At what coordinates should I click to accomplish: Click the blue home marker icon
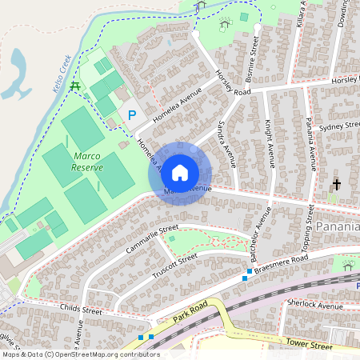point(180,172)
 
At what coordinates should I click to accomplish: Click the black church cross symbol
point(336,185)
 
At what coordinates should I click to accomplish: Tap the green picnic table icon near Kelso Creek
point(75,86)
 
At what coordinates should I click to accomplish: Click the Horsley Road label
point(234,82)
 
